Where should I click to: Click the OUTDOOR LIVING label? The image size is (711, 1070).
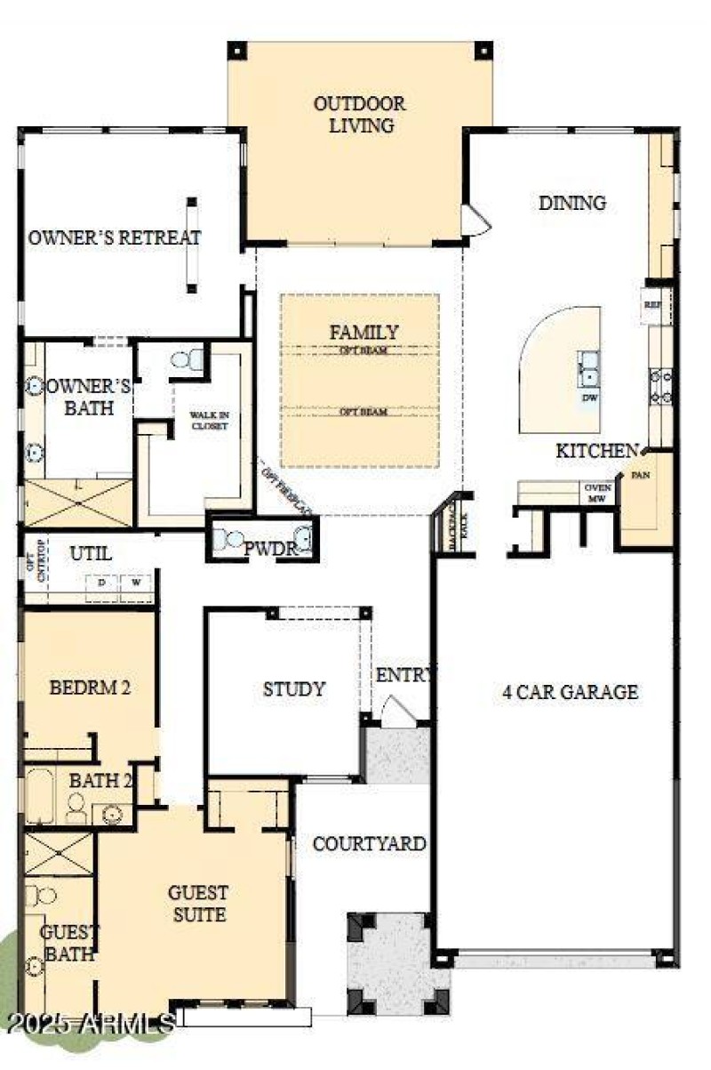[x=359, y=115]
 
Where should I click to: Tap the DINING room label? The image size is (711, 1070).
[x=571, y=203]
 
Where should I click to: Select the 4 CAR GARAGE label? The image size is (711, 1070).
[x=569, y=691]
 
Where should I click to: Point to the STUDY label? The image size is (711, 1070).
[x=293, y=689]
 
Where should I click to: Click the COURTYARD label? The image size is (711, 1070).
[x=369, y=843]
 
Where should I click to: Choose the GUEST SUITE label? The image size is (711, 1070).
[x=198, y=903]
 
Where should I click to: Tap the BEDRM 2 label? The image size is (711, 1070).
[x=90, y=687]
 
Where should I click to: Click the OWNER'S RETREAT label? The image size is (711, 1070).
[x=114, y=238]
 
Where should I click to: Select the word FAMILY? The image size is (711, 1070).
[x=363, y=332]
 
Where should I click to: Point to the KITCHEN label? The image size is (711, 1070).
[x=596, y=451]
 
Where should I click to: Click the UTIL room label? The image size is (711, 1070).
[x=91, y=553]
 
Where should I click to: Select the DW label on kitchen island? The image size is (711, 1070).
[x=588, y=398]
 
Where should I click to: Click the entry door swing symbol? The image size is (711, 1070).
[x=397, y=710]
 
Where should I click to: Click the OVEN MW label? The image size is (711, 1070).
[x=594, y=493]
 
